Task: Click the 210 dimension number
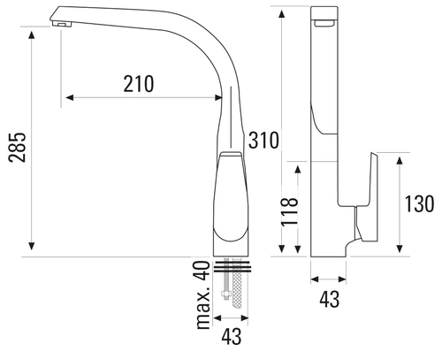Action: click(x=139, y=84)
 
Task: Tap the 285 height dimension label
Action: click(x=17, y=148)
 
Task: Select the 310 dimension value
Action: click(x=263, y=140)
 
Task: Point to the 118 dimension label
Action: click(x=290, y=211)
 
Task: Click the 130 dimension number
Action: click(x=419, y=203)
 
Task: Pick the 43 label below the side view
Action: click(x=330, y=299)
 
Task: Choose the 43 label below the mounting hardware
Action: click(x=232, y=337)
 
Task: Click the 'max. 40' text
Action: click(x=202, y=295)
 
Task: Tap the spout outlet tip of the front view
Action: click(x=62, y=25)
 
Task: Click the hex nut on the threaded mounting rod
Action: click(x=226, y=294)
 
